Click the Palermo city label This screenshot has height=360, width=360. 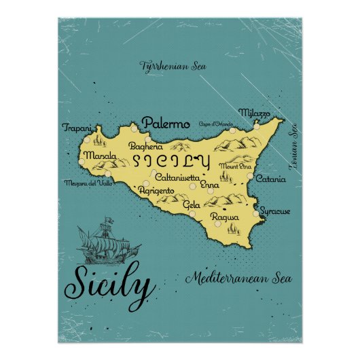coord(166,124)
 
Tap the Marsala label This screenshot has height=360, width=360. coord(94,156)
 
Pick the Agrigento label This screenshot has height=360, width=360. coord(157,191)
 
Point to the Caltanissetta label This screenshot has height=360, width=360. coord(176,177)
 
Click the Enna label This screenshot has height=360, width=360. coord(210,185)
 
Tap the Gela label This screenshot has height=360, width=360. coord(192,204)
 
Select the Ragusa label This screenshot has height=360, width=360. coord(225,217)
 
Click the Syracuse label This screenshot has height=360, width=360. coord(274,211)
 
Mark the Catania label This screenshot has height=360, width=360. coord(271,180)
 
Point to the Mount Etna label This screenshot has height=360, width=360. coord(234,166)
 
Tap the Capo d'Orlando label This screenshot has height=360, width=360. coord(215,124)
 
